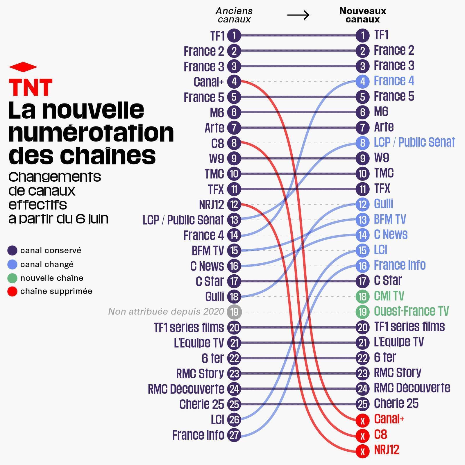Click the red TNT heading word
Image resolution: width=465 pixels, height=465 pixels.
click(x=31, y=87)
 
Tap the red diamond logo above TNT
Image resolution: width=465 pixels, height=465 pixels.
click(x=23, y=67)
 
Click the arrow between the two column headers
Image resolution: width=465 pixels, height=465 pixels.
click(x=298, y=15)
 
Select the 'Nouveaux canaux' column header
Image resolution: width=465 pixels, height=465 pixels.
click(x=362, y=15)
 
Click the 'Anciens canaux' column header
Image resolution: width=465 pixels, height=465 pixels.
click(x=234, y=15)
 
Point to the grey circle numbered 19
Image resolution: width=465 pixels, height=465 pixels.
click(x=234, y=312)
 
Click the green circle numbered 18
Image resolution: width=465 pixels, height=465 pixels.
click(x=362, y=296)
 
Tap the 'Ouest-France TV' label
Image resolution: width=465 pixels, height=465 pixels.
click(x=411, y=311)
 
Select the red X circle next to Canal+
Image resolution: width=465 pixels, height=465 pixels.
click(x=362, y=420)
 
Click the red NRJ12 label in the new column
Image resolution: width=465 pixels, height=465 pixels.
click(x=386, y=450)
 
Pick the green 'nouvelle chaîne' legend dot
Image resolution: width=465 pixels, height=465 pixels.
click(x=12, y=278)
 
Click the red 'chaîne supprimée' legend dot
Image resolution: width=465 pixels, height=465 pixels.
click(x=12, y=291)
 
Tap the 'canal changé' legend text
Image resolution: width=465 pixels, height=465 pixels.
click(x=47, y=264)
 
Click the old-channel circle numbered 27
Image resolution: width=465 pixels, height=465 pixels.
click(x=234, y=435)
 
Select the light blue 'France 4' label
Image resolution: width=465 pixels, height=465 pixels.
click(x=394, y=81)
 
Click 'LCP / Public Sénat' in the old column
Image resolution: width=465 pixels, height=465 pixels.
click(x=183, y=220)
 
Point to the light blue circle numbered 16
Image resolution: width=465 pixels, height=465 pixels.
click(x=362, y=266)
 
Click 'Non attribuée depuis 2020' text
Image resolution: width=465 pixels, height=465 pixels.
click(x=166, y=312)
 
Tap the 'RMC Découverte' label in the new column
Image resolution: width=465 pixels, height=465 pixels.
click(x=412, y=388)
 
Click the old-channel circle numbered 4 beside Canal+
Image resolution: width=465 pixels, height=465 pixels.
click(x=234, y=82)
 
